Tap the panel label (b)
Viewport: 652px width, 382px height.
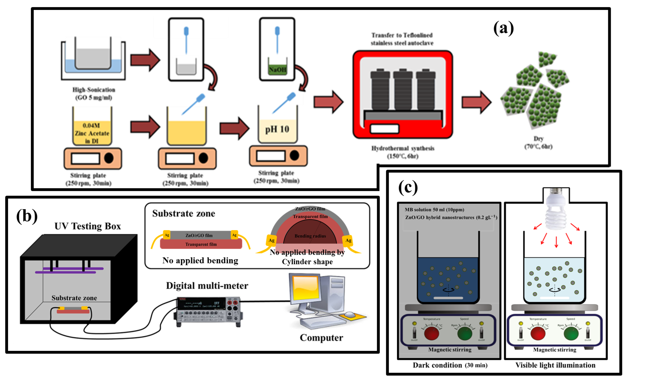pos(27,216)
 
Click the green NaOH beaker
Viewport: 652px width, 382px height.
pos(277,67)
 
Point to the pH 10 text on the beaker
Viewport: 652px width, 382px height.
pos(277,129)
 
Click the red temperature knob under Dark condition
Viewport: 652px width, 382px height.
pos(432,333)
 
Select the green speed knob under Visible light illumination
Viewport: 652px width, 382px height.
pos(571,333)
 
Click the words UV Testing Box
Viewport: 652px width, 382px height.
pos(87,226)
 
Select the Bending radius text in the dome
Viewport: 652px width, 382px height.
pos(310,236)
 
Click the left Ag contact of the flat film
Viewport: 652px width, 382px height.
pos(167,235)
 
